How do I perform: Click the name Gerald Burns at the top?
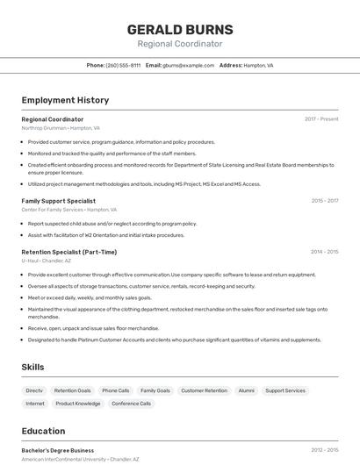tap(179, 29)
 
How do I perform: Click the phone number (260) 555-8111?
tap(123, 65)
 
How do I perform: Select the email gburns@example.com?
tap(188, 65)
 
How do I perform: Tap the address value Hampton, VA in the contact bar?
tap(258, 65)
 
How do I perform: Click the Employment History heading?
tap(65, 100)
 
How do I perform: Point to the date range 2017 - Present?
tap(321, 119)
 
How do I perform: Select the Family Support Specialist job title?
tap(59, 201)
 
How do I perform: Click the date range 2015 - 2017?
tap(324, 201)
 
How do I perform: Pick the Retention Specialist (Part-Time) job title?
tap(68, 252)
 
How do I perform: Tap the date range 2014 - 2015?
tap(324, 252)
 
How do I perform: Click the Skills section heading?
tap(33, 367)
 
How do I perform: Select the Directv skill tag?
tap(34, 390)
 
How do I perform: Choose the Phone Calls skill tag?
tap(115, 390)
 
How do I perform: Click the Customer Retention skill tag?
tap(204, 390)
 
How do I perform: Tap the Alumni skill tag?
tap(246, 390)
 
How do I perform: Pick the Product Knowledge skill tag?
tap(78, 404)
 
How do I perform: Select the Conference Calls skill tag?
tap(132, 404)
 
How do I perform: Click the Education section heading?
tap(43, 431)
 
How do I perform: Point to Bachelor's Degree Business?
tap(58, 450)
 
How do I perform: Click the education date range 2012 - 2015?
tap(324, 450)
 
